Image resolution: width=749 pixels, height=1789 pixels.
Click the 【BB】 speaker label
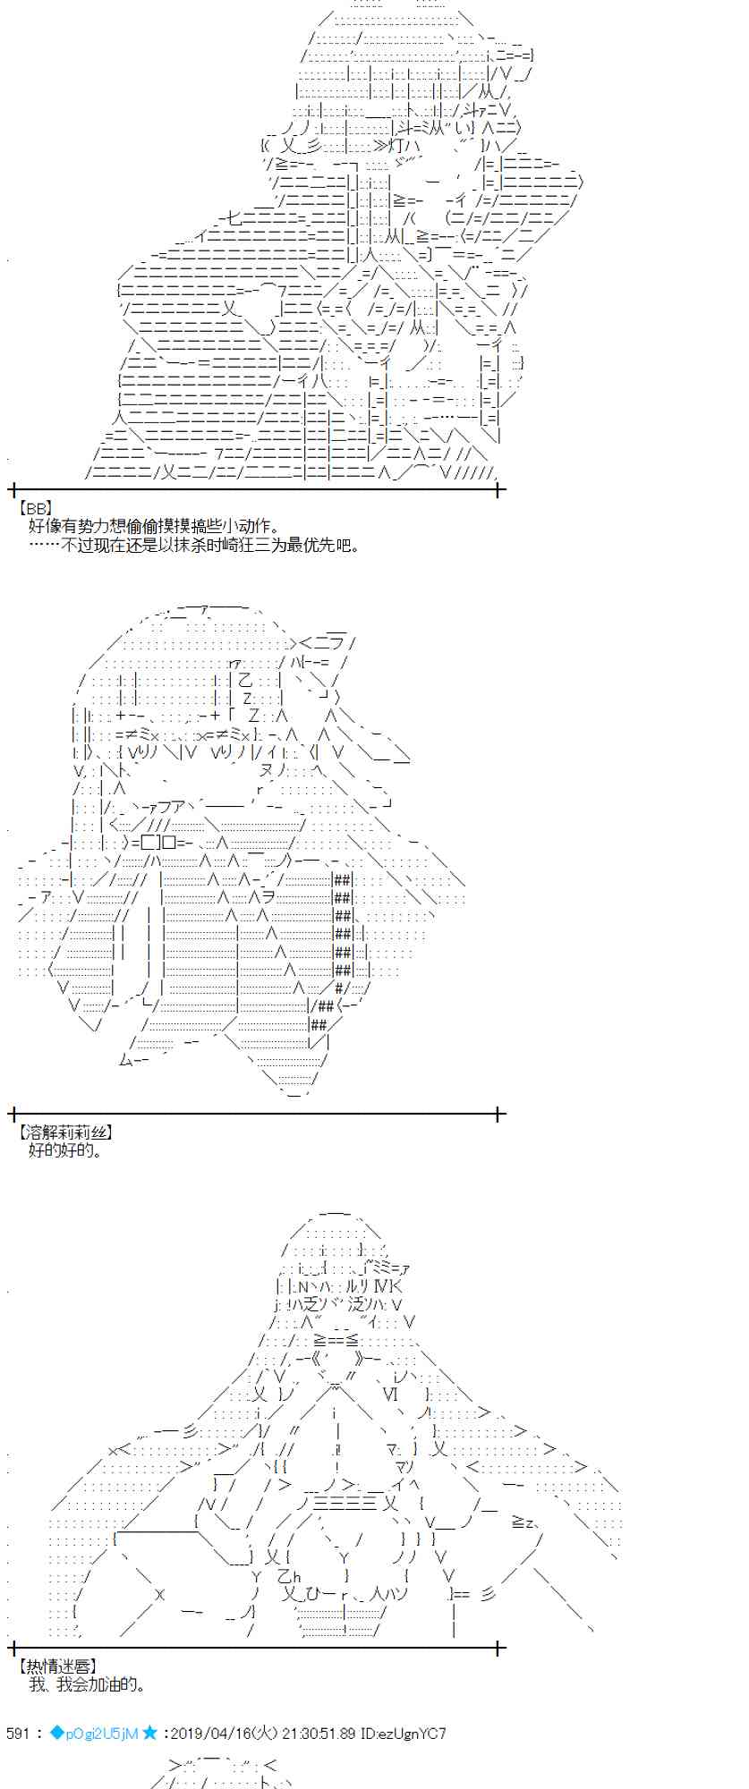[x=35, y=508]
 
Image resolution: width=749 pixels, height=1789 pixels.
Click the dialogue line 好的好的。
[x=65, y=1150]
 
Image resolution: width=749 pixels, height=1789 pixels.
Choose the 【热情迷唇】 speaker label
[x=57, y=1666]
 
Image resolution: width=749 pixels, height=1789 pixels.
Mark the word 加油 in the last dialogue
[x=100, y=1684]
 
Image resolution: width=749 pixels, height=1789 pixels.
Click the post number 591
[x=19, y=1734]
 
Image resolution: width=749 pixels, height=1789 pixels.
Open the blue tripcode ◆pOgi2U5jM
[x=95, y=1734]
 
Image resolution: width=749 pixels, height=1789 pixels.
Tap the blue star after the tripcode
[x=149, y=1734]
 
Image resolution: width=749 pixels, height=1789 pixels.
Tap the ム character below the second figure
[x=126, y=1059]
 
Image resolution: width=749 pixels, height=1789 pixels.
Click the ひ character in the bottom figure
[x=314, y=1594]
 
